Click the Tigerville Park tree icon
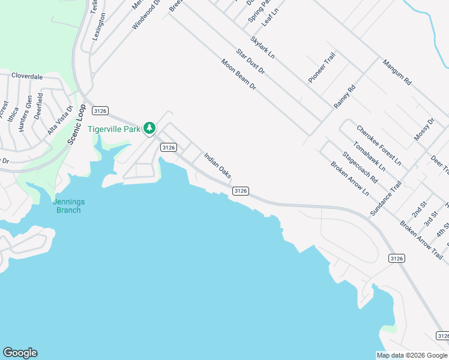(x=149, y=128)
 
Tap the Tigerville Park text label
(x=113, y=129)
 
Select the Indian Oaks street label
(x=217, y=165)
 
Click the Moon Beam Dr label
(x=238, y=74)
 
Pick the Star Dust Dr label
(x=250, y=62)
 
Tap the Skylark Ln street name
(x=262, y=47)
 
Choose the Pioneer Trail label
(x=322, y=67)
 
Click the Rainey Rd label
(x=345, y=96)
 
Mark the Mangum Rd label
(x=397, y=71)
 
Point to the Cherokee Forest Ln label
(x=378, y=145)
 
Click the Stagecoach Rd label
(x=360, y=167)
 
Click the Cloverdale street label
(x=27, y=77)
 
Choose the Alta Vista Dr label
(x=60, y=120)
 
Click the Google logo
(x=20, y=353)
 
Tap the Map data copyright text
(x=412, y=355)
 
